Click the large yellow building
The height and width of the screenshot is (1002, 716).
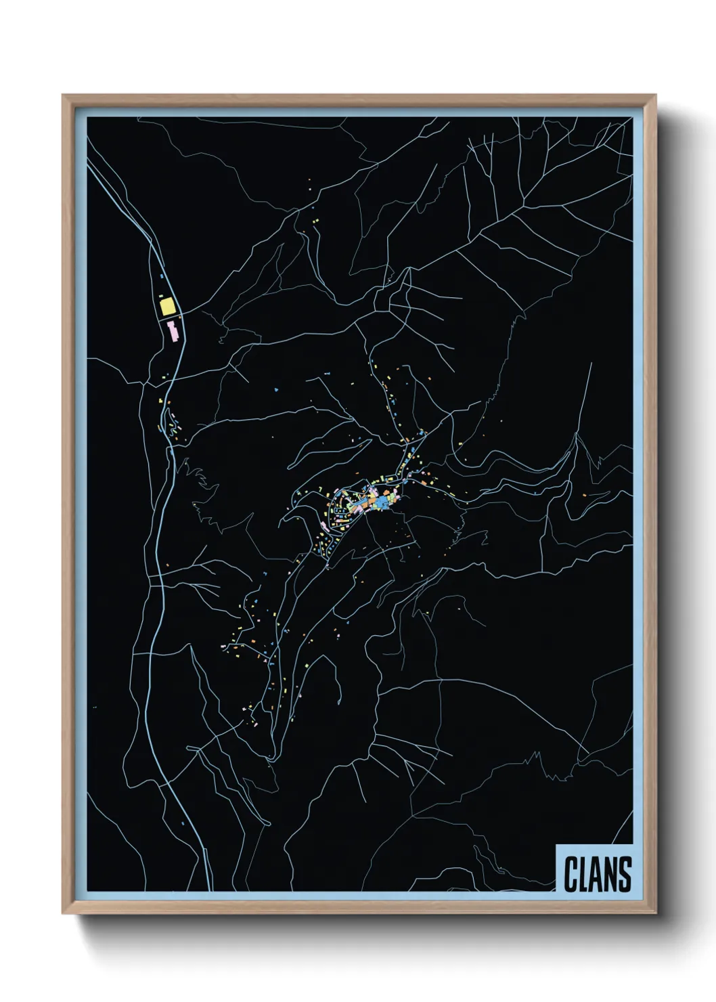(x=167, y=307)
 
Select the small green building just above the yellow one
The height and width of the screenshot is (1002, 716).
(x=162, y=295)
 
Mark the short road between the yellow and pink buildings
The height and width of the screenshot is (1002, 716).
(x=170, y=320)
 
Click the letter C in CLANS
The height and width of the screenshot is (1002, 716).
(x=571, y=874)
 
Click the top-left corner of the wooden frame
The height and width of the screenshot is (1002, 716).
(x=64, y=95)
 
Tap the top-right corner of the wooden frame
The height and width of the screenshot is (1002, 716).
(x=656, y=95)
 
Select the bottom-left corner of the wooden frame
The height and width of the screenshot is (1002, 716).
(x=64, y=913)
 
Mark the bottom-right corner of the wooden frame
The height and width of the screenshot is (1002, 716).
(x=656, y=913)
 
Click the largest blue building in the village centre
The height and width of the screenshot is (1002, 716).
(x=385, y=501)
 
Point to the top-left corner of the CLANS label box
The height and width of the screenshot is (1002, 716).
(x=556, y=845)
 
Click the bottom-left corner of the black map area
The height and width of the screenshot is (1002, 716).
(x=87, y=891)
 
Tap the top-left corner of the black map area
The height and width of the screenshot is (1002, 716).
(x=87, y=118)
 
